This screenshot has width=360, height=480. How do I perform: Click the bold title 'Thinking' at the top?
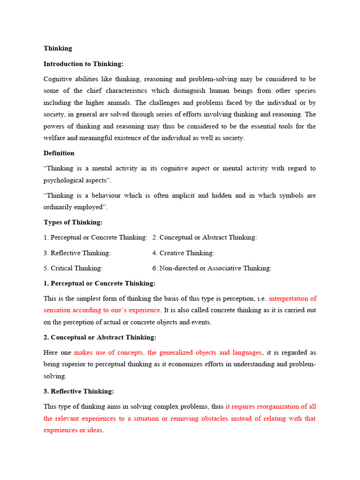pyautogui.click(x=58, y=48)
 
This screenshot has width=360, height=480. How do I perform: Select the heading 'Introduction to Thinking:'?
pyautogui.click(x=83, y=64)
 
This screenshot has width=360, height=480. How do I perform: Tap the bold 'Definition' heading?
pyautogui.click(x=59, y=153)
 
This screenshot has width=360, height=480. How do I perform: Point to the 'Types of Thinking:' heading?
pyautogui.click(x=73, y=222)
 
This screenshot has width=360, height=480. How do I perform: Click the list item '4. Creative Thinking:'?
pyautogui.click(x=183, y=253)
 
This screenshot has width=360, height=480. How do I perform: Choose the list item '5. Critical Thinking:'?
pyautogui.click(x=73, y=268)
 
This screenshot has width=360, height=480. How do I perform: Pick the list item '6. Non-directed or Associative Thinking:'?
pyautogui.click(x=212, y=268)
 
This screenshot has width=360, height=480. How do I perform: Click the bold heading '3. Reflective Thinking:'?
pyautogui.click(x=79, y=391)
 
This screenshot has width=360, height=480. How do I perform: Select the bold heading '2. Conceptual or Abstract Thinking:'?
pyautogui.click(x=100, y=337)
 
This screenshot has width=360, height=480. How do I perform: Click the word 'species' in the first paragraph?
pyautogui.click(x=304, y=90)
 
